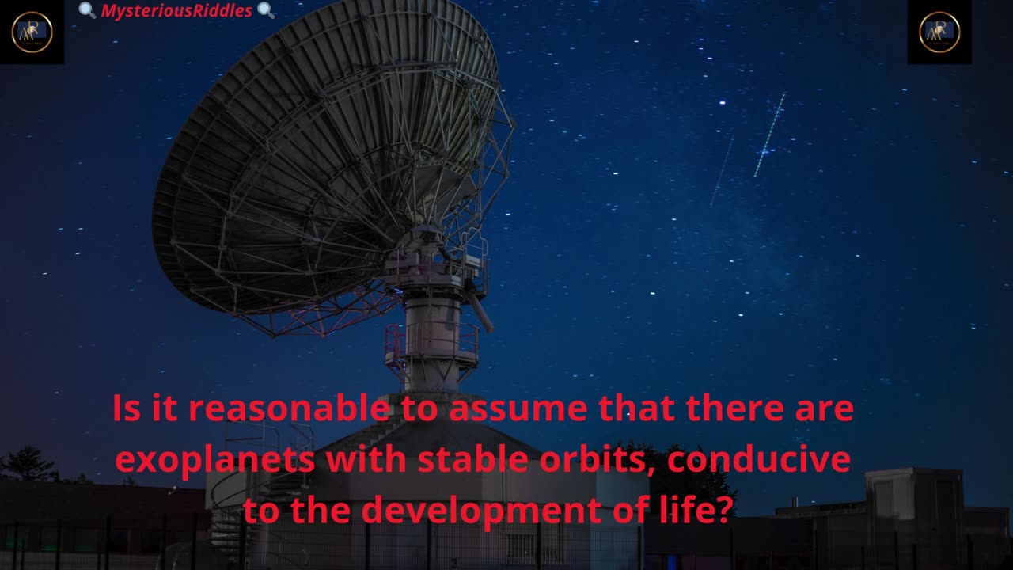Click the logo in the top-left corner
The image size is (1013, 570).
32,32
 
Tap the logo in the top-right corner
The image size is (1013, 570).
939,32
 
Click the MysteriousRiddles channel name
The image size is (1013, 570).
176,10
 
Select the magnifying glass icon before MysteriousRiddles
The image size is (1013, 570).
88,10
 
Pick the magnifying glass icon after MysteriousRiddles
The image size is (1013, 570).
266,10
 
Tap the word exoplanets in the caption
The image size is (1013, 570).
215,460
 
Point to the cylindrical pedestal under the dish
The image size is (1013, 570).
431,332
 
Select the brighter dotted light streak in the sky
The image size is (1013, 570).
769,135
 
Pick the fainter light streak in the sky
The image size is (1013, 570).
722,171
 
